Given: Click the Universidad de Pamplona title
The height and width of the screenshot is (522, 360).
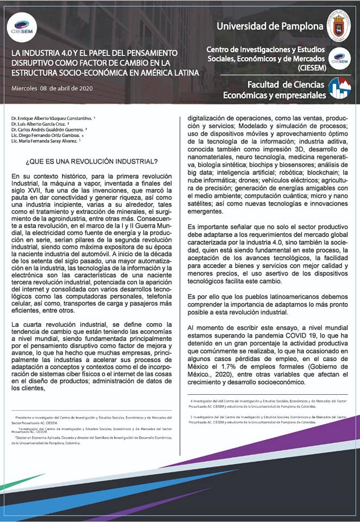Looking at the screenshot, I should [x=269, y=26].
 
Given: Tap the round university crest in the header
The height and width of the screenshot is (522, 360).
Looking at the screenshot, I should [x=342, y=25].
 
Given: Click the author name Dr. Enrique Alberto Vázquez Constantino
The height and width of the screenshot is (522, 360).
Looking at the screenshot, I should [x=52, y=118].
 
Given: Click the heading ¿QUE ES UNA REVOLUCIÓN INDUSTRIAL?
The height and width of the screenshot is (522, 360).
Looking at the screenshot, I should [x=92, y=161].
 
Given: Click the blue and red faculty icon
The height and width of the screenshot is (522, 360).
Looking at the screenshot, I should [x=340, y=88].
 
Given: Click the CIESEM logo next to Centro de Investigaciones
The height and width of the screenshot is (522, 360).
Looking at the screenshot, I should [x=342, y=58].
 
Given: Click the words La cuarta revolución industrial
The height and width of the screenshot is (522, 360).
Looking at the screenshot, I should [x=55, y=325].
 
